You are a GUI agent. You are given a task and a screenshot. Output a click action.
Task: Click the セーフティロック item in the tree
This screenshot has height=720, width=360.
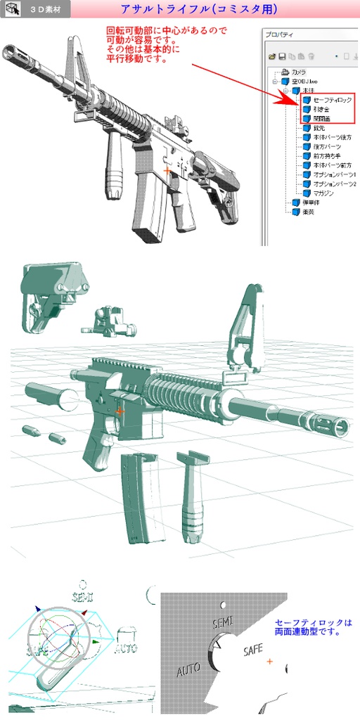[x=332, y=101]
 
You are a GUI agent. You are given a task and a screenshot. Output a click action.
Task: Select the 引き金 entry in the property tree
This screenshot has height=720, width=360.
[x=322, y=110]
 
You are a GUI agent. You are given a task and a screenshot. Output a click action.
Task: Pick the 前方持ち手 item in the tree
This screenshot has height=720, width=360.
[x=327, y=155]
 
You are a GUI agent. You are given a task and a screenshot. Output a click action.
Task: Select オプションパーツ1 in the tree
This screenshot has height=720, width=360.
[x=334, y=174]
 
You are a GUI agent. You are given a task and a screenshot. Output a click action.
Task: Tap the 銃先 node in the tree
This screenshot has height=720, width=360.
[x=319, y=128]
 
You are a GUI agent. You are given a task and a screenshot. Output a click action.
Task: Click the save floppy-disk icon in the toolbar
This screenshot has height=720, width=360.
[x=281, y=56]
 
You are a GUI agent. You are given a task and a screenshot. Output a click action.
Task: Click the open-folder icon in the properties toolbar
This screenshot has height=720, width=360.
[x=272, y=56]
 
